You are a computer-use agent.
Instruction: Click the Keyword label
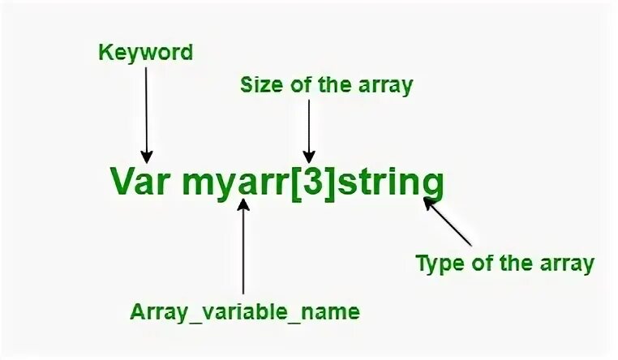tap(146, 54)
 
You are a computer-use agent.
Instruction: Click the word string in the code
tap(391, 183)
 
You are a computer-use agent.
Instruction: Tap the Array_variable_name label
tap(246, 311)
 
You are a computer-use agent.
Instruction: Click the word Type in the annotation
tap(437, 264)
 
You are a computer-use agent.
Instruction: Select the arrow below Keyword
tap(146, 114)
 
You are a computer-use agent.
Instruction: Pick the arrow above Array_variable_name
tap(244, 247)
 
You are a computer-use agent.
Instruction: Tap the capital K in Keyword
tap(105, 54)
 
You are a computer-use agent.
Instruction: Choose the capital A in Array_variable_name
tap(137, 311)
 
